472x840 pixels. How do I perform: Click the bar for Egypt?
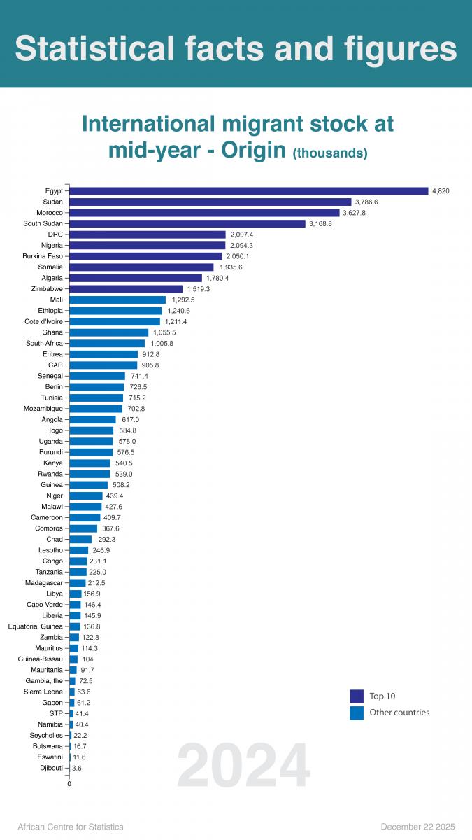pyautogui.click(x=248, y=190)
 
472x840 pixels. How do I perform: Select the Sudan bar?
pyautogui.click(x=210, y=202)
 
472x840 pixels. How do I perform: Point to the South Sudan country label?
pyautogui.click(x=43, y=223)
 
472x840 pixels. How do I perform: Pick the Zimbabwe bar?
pyautogui.click(x=126, y=288)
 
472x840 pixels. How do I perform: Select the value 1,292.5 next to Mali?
pyautogui.click(x=183, y=300)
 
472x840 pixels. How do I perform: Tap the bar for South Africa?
pyautogui.click(x=107, y=343)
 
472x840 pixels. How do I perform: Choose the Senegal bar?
pyautogui.click(x=97, y=376)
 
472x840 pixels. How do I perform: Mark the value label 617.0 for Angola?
pyautogui.click(x=131, y=419)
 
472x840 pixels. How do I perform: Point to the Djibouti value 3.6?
pyautogui.click(x=77, y=768)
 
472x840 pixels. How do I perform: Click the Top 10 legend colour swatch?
pyautogui.click(x=357, y=696)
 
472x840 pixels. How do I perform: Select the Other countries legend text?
pyautogui.click(x=399, y=713)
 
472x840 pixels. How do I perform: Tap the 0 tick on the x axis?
pyautogui.click(x=69, y=784)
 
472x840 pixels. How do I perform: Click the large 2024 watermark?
pyautogui.click(x=243, y=766)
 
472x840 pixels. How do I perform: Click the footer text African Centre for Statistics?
pyautogui.click(x=70, y=827)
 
